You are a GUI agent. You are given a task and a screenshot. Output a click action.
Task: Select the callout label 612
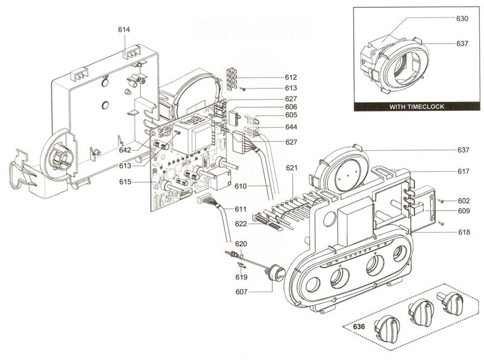291,77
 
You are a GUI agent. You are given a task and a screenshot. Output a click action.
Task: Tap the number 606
291,106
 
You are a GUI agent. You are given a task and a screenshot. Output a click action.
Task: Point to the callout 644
291,127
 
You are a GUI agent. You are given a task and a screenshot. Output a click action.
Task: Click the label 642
125,149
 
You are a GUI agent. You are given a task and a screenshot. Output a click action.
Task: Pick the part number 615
125,182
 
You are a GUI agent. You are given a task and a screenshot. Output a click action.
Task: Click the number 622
241,224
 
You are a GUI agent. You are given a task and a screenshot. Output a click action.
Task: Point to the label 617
463,172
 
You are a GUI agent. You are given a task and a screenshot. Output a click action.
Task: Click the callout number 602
463,200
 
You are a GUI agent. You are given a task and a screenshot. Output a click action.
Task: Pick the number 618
463,232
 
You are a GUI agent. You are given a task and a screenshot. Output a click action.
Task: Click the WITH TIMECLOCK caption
417,106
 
